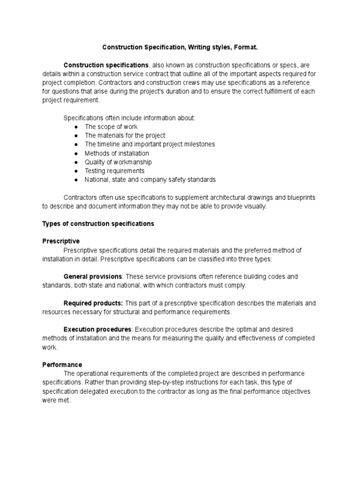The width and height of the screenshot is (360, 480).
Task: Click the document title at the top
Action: coord(180,47)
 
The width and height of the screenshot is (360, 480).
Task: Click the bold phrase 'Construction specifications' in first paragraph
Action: coord(106,65)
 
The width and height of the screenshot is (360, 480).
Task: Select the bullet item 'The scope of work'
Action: coord(111,127)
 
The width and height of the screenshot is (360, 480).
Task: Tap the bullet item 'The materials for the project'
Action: coord(125,135)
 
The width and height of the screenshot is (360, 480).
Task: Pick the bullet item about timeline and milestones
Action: coord(150,144)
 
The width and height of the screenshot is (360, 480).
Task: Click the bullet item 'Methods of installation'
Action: coord(117,153)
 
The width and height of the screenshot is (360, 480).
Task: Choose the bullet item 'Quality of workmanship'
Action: coord(118,162)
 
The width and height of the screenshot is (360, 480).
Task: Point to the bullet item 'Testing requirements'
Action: coord(114,171)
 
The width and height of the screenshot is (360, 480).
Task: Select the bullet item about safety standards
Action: coord(150,180)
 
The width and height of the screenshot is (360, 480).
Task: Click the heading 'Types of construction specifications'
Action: coord(98,224)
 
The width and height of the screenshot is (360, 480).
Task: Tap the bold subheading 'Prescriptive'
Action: coord(61,241)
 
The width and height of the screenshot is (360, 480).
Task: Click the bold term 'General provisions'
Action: coord(93,277)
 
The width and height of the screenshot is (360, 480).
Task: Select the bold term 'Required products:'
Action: coord(93,303)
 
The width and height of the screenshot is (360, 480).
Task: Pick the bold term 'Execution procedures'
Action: coord(97,330)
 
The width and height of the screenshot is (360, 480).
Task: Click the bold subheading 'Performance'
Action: coord(62,365)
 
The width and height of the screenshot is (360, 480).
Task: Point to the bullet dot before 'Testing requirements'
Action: coord(76,171)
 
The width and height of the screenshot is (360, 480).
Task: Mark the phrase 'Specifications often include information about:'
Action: coord(129,118)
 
